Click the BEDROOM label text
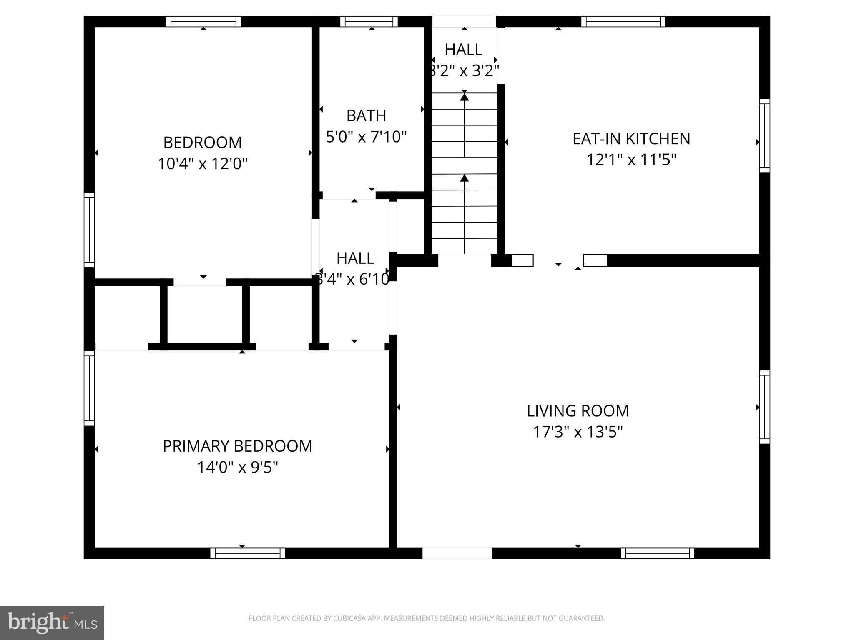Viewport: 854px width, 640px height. (x=202, y=142)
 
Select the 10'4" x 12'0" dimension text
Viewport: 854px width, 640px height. (x=202, y=164)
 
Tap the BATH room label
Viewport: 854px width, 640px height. (x=366, y=115)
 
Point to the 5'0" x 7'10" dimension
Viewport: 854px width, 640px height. (x=366, y=137)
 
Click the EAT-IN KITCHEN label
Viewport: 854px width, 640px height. (x=631, y=139)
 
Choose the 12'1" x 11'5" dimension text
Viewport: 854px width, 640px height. (x=631, y=160)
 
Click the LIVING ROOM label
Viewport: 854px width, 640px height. (x=578, y=411)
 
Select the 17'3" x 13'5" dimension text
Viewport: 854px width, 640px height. (x=578, y=432)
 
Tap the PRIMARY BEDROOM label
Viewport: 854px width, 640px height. (x=237, y=446)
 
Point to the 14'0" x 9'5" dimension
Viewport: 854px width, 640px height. (x=237, y=467)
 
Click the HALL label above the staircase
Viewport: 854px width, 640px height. (x=463, y=50)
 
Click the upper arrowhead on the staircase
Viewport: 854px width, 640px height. (x=464, y=97)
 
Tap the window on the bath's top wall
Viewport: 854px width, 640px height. (x=369, y=22)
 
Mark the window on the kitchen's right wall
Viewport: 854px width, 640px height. (x=764, y=135)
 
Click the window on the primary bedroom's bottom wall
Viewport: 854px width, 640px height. (x=247, y=553)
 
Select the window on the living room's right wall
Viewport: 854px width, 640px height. (x=764, y=407)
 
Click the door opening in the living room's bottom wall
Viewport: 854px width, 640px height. (x=457, y=553)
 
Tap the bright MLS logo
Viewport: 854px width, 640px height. (x=52, y=622)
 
